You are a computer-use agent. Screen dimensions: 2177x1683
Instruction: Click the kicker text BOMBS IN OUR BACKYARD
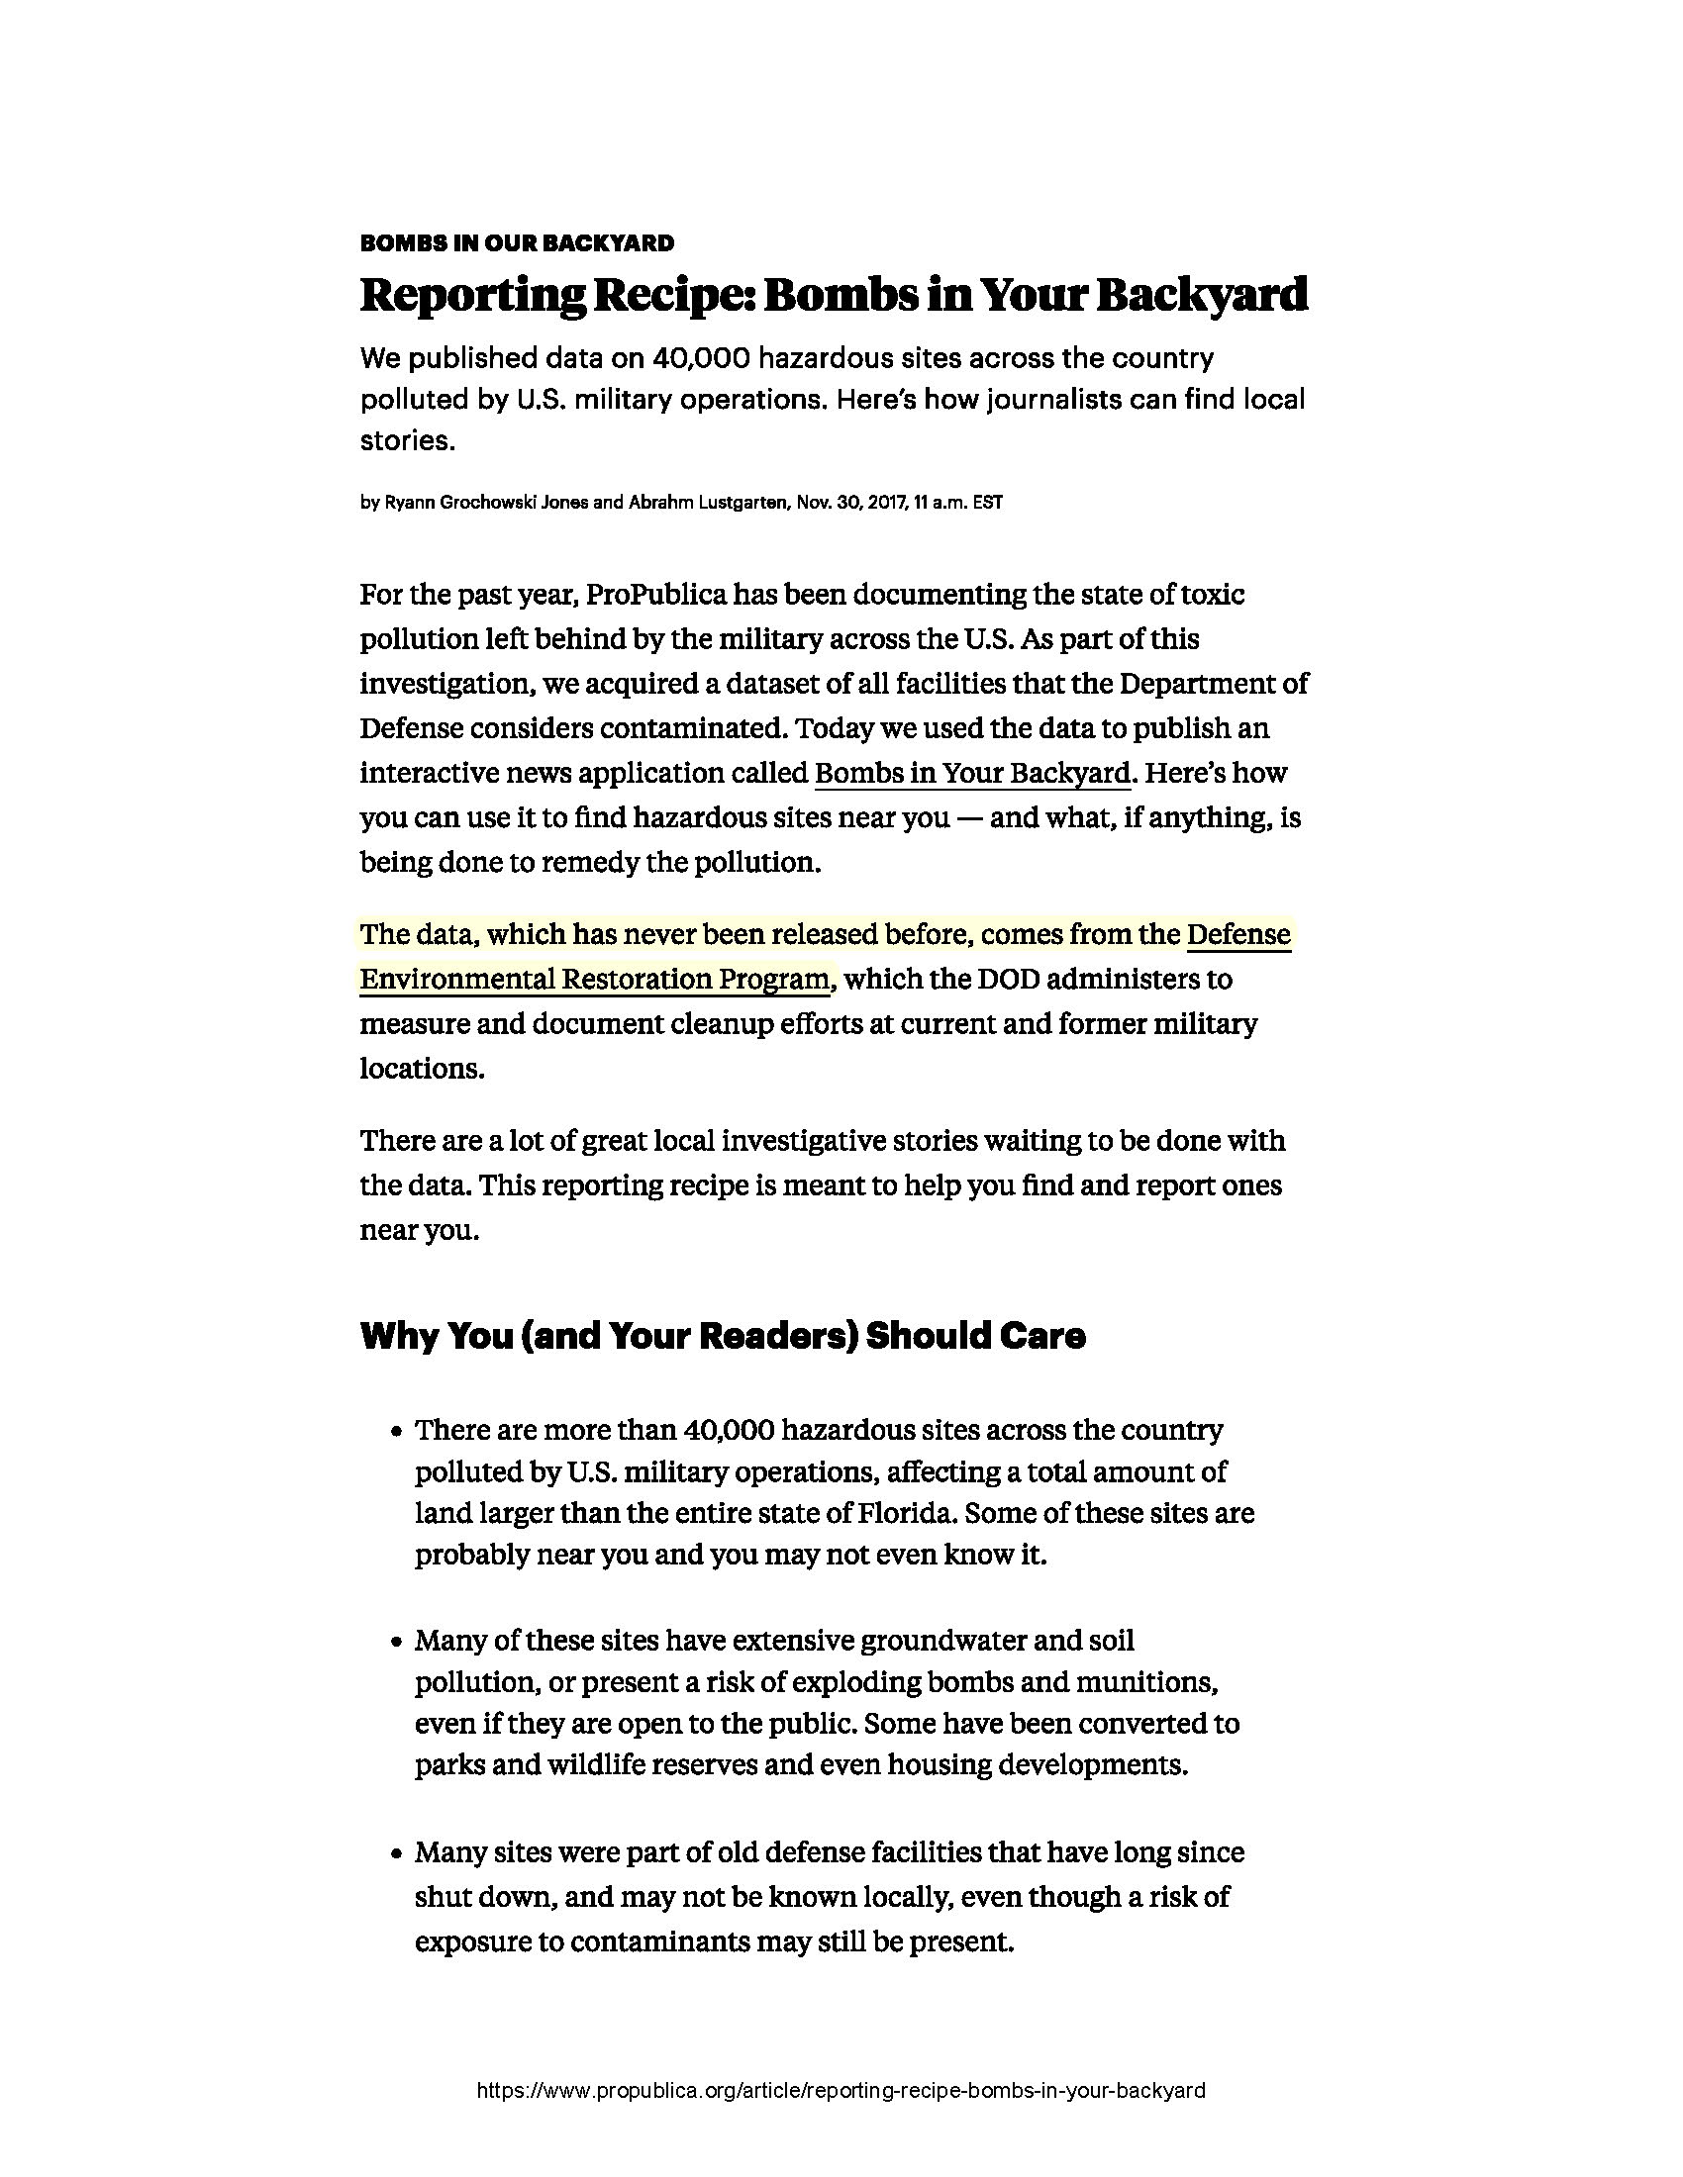click(x=517, y=242)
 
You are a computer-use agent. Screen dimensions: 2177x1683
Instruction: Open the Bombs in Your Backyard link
click(x=973, y=773)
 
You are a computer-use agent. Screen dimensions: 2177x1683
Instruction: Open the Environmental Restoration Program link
click(x=594, y=979)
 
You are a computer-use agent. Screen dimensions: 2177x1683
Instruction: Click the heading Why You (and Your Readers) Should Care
click(x=722, y=1335)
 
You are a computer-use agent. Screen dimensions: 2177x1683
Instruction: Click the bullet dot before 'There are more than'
click(x=396, y=1432)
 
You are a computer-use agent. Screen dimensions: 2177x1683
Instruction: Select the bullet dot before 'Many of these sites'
click(x=396, y=1642)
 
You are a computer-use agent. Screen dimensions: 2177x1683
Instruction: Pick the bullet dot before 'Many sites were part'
click(x=396, y=1854)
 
